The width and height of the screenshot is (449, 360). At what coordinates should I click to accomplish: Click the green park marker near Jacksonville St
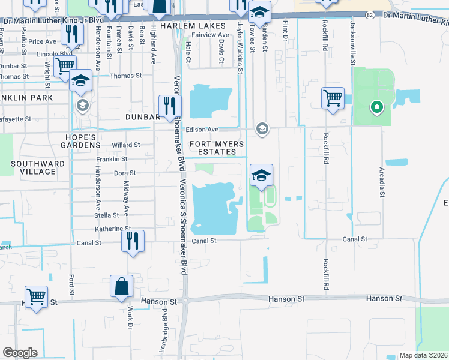(377, 108)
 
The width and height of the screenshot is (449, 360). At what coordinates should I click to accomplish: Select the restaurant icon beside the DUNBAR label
(169, 106)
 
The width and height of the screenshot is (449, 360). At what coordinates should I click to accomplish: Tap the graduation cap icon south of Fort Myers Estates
(261, 175)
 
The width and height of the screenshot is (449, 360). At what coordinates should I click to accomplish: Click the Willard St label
(125, 145)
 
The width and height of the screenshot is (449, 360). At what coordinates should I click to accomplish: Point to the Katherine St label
(112, 229)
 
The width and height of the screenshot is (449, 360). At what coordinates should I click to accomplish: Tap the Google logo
(20, 353)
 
